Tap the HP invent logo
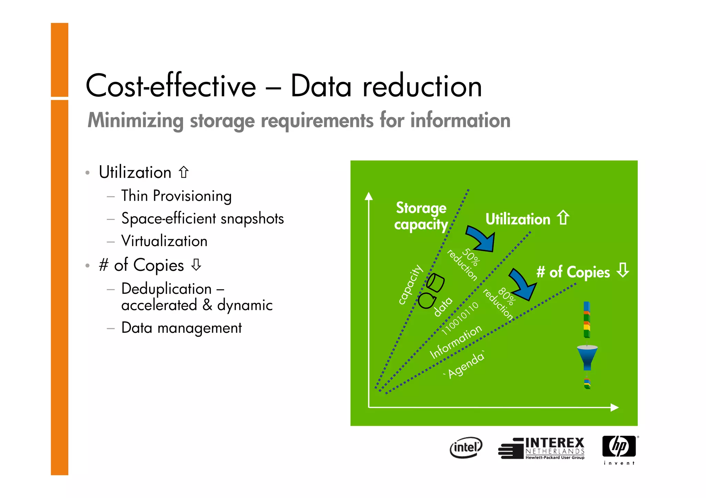click(x=619, y=449)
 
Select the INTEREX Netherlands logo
click(x=542, y=448)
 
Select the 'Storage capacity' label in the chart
click(x=421, y=216)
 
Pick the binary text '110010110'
click(x=461, y=318)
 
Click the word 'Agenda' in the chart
click(x=466, y=365)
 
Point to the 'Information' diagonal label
click(x=456, y=341)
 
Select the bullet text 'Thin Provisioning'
click(x=176, y=196)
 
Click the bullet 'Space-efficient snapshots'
click(x=202, y=219)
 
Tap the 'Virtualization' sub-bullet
click(x=164, y=241)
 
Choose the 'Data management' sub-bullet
click(x=181, y=328)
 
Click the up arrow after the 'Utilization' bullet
click(x=184, y=172)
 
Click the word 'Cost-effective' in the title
click(x=171, y=86)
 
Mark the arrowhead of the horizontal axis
click(x=615, y=407)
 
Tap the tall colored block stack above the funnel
click(x=587, y=320)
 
